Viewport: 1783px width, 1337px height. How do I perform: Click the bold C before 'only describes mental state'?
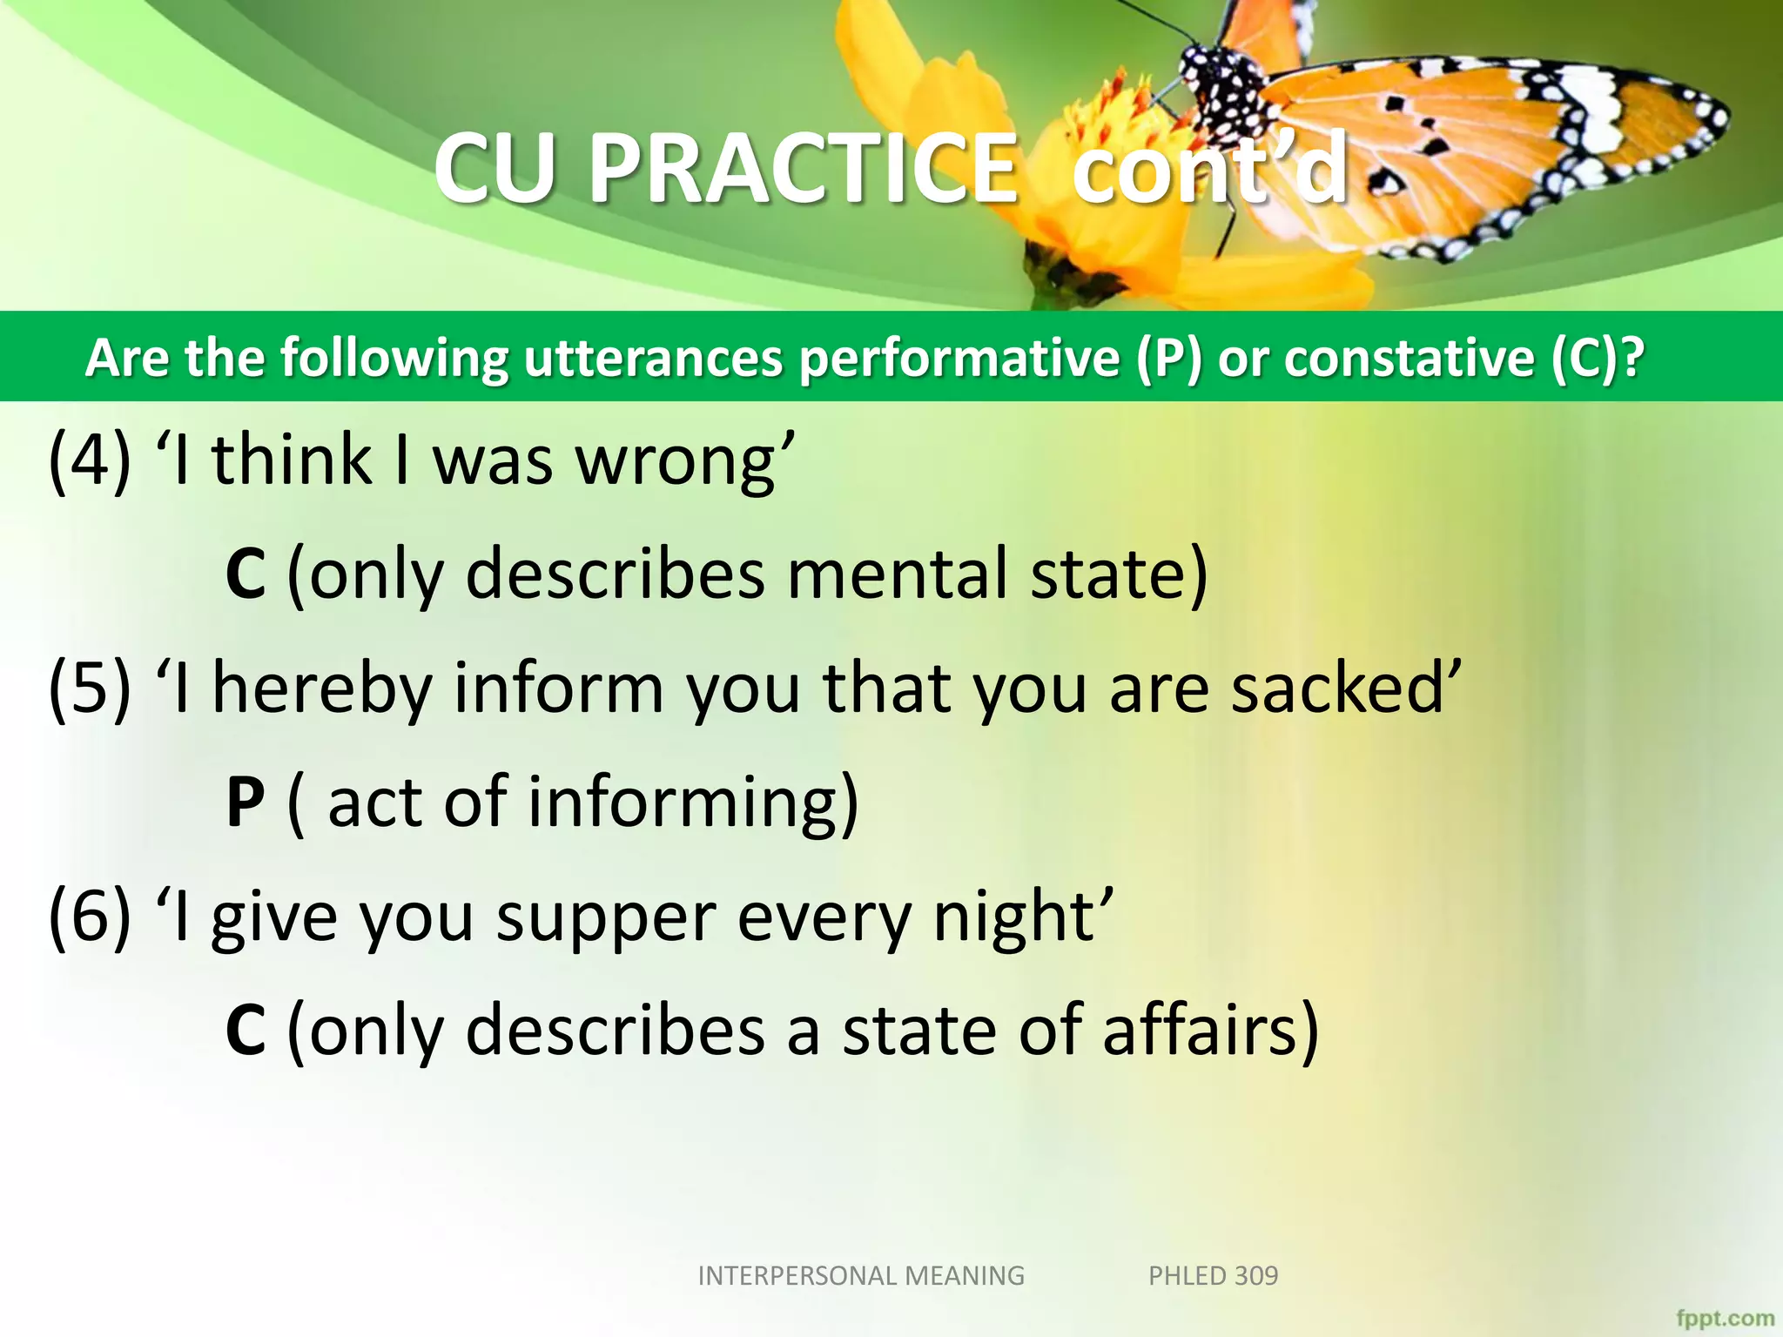(x=245, y=574)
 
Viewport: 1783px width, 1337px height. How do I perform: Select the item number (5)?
(x=90, y=688)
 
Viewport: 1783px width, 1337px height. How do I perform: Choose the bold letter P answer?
(x=245, y=802)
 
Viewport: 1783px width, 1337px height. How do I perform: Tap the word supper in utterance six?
(x=606, y=919)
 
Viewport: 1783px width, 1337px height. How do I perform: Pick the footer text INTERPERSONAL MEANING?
(x=861, y=1276)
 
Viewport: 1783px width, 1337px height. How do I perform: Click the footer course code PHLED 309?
(x=1213, y=1276)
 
